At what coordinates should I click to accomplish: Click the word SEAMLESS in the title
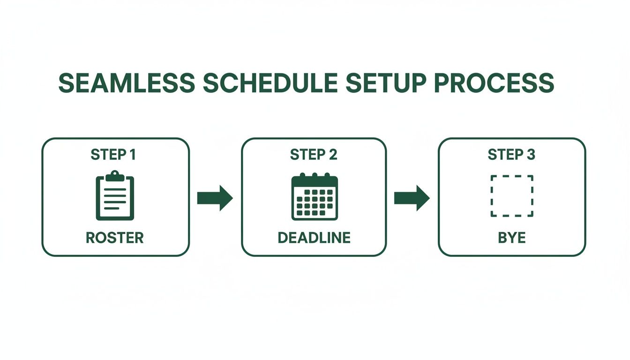coord(127,83)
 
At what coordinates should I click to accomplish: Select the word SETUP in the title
coord(382,83)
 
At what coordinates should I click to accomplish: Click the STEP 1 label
coord(113,155)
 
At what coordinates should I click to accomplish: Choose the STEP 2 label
coord(314,155)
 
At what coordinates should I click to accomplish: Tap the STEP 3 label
coord(511,155)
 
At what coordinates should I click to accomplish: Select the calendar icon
coord(315,197)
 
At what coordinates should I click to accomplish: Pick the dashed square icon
coord(512,196)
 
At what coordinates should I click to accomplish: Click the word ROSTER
coord(115,238)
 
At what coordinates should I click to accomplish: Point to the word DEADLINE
coord(314,238)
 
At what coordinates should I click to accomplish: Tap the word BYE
coord(512,238)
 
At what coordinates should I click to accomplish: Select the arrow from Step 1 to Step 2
coord(215,198)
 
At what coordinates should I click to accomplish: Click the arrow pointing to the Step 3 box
coord(412,198)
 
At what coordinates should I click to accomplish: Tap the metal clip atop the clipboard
coord(115,176)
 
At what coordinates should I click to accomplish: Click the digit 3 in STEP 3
coord(531,155)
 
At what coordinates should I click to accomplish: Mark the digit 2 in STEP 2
coord(332,155)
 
